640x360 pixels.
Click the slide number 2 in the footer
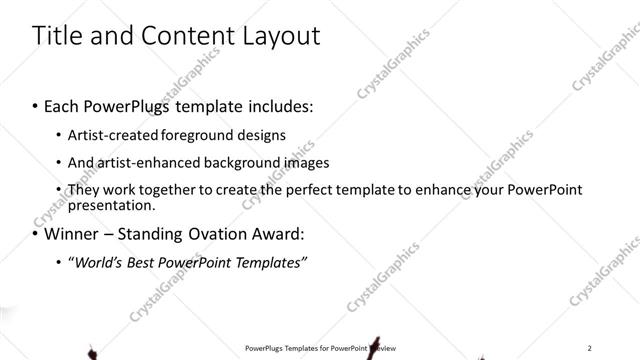[x=590, y=348]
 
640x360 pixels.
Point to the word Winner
[x=76, y=236]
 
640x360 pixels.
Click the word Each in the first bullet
[x=63, y=105]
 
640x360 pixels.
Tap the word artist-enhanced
[x=140, y=162]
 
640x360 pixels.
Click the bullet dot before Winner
[x=36, y=236]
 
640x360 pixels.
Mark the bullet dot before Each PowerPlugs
[x=36, y=105]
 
